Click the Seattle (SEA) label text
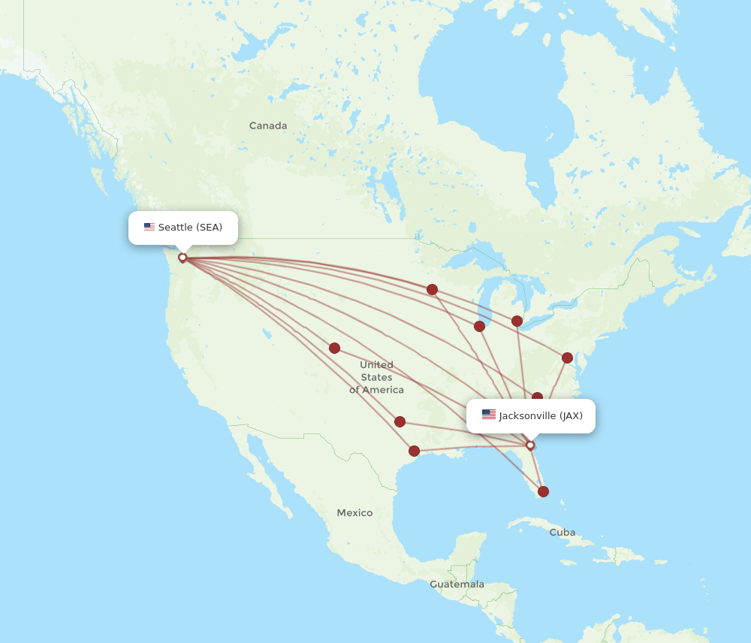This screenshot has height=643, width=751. tap(190, 228)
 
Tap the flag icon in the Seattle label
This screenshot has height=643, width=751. tap(149, 228)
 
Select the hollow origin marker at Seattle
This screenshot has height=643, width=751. tap(182, 258)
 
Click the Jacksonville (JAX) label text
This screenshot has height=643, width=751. tap(541, 416)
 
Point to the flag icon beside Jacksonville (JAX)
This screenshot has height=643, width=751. tap(489, 415)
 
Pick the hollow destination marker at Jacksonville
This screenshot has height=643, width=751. tap(530, 445)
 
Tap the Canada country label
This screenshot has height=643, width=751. tap(268, 126)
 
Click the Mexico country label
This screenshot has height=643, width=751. tap(354, 513)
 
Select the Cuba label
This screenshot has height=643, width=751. tap(562, 533)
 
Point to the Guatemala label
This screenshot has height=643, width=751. tap(457, 584)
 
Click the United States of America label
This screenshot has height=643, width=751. tap(376, 377)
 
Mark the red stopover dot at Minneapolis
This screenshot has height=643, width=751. tap(433, 290)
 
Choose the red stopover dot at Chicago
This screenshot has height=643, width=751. tap(479, 326)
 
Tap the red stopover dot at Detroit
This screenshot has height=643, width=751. tap(517, 321)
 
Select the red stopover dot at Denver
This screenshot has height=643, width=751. tap(334, 349)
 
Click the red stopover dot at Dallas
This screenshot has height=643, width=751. tap(400, 422)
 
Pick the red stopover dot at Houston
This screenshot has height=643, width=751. tap(414, 451)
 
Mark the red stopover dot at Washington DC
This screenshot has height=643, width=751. tap(567, 358)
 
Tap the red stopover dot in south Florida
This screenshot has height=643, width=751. tap(543, 492)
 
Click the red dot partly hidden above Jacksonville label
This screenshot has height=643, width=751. tap(537, 397)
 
